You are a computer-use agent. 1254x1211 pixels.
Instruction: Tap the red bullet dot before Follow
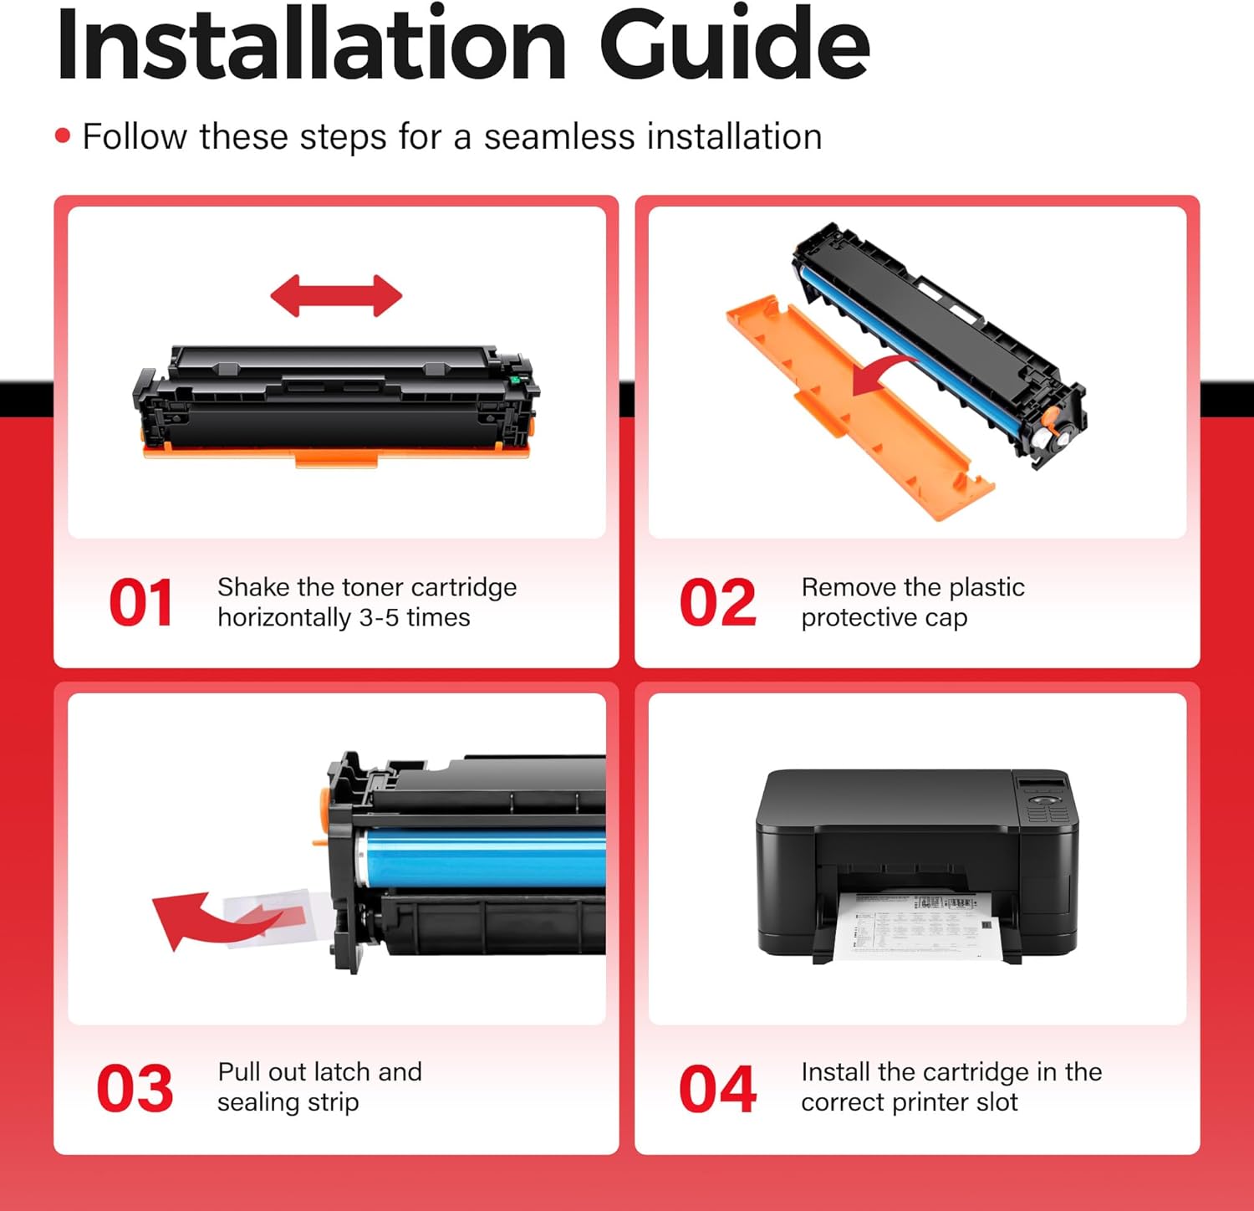tap(63, 135)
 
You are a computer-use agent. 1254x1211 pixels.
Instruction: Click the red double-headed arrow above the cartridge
tap(336, 296)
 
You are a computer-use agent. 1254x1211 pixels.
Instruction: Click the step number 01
tap(140, 602)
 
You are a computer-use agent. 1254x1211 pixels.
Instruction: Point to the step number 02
tap(717, 602)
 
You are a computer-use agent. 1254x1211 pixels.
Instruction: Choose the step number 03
tap(135, 1088)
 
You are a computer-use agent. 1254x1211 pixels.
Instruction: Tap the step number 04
tap(717, 1088)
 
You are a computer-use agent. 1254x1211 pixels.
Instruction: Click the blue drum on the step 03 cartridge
tap(485, 857)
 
